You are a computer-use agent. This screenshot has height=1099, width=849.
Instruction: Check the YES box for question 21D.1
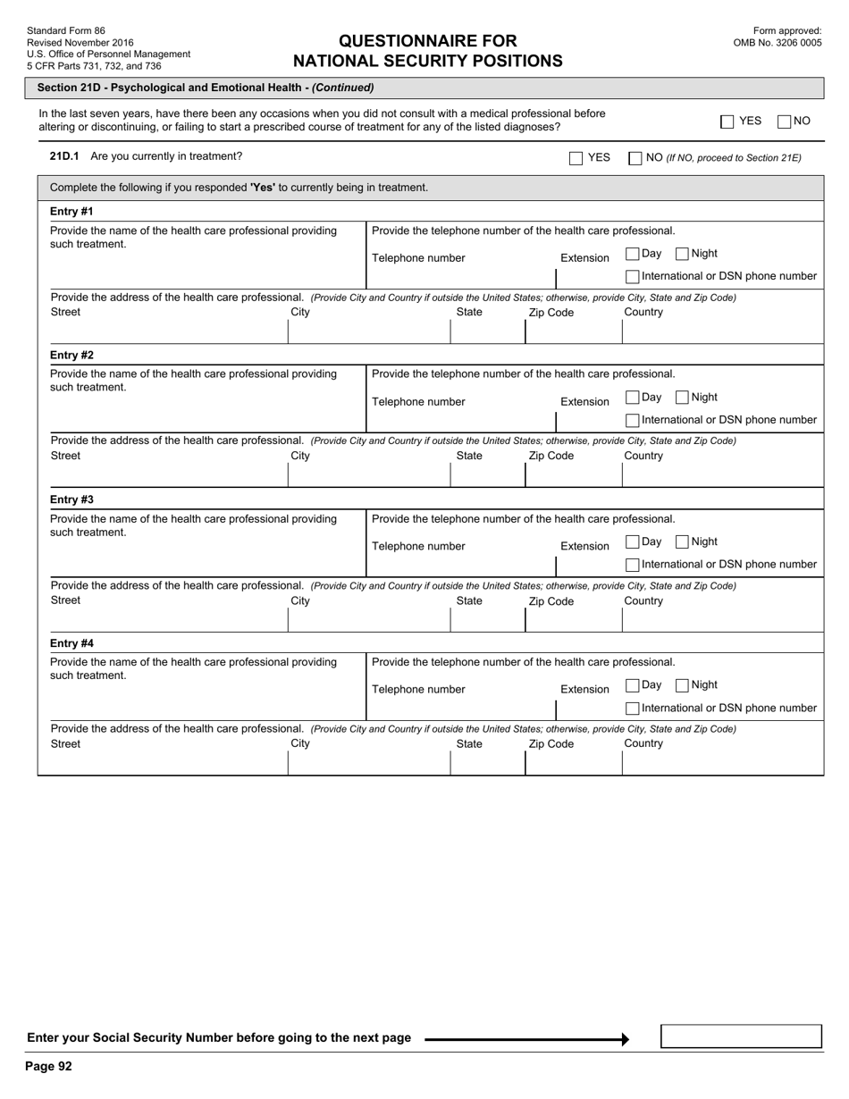pyautogui.click(x=576, y=158)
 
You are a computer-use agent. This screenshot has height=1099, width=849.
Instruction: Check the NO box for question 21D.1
pyautogui.click(x=635, y=158)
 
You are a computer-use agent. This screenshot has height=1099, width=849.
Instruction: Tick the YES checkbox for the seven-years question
pyautogui.click(x=727, y=122)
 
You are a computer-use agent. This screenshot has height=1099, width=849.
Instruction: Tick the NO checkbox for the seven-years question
pyautogui.click(x=785, y=122)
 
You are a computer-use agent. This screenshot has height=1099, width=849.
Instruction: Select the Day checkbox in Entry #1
pyautogui.click(x=633, y=254)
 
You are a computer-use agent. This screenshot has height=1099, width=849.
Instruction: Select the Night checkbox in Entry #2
pyautogui.click(x=683, y=398)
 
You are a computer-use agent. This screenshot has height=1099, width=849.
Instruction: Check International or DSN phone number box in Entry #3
pyautogui.click(x=633, y=565)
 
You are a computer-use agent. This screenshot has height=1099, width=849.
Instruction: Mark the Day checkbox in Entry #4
pyautogui.click(x=633, y=685)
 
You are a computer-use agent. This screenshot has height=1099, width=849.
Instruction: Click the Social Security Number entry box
pyautogui.click(x=741, y=1036)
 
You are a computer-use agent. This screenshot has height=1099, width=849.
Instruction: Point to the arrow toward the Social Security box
pyautogui.click(x=527, y=1039)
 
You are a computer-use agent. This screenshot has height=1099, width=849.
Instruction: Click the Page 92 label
pyautogui.click(x=49, y=1066)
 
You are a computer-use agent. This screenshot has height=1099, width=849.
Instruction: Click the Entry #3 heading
pyautogui.click(x=71, y=499)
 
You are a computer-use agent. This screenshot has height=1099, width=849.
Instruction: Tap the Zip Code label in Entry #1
pyautogui.click(x=551, y=313)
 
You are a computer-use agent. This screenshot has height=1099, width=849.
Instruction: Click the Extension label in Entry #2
pyautogui.click(x=584, y=402)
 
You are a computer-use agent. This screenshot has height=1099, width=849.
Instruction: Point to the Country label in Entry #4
pyautogui.click(x=643, y=743)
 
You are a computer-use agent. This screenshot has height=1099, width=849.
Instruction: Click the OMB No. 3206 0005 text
pyautogui.click(x=777, y=42)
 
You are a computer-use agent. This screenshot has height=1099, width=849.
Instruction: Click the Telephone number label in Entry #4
pyautogui.click(x=418, y=690)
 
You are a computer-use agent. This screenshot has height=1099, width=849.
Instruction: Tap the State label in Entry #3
pyautogui.click(x=469, y=600)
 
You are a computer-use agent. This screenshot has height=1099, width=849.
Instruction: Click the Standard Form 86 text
pyautogui.click(x=66, y=30)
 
